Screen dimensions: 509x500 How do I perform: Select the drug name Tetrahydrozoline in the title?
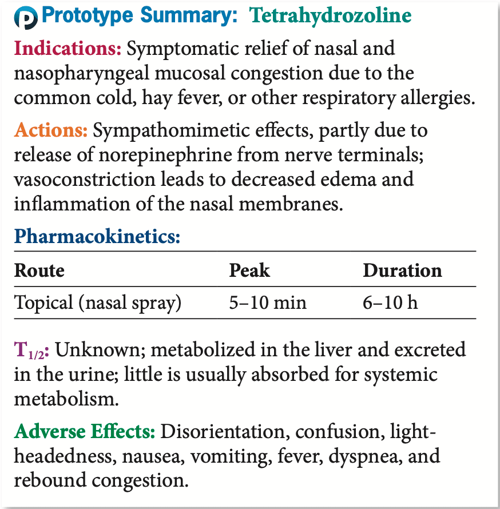coord(330,17)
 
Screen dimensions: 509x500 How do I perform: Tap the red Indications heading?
coord(68,48)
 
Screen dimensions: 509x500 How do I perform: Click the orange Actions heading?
coord(51,131)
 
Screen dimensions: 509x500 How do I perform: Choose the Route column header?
coord(39,270)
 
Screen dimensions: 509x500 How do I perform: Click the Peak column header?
coord(249,270)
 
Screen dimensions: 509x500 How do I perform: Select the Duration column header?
coord(402,270)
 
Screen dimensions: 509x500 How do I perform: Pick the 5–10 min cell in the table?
coord(268,302)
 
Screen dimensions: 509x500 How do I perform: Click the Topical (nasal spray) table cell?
coord(98,303)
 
